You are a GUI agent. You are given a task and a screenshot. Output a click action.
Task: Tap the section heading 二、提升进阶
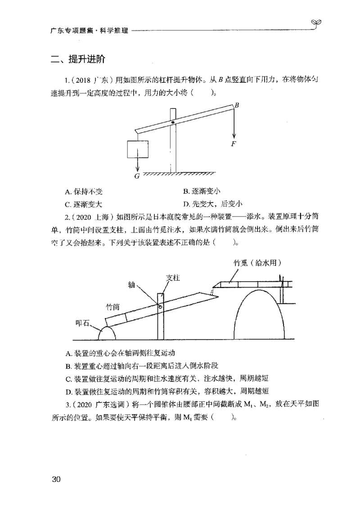click(x=78, y=59)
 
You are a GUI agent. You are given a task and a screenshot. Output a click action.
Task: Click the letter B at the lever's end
click(x=236, y=105)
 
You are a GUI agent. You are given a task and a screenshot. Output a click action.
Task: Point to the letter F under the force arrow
click(x=233, y=144)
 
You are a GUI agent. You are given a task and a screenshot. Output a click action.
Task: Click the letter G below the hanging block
click(x=137, y=176)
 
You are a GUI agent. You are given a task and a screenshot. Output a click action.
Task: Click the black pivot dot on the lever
click(x=173, y=122)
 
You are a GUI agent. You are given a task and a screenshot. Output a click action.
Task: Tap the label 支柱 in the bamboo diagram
click(x=173, y=278)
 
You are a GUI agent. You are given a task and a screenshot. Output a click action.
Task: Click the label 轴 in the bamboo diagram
click(x=131, y=285)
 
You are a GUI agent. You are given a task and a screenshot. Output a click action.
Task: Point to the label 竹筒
click(x=112, y=307)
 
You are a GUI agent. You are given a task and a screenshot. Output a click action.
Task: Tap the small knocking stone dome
click(x=107, y=333)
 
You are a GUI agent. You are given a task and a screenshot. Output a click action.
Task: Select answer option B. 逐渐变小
click(x=202, y=191)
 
